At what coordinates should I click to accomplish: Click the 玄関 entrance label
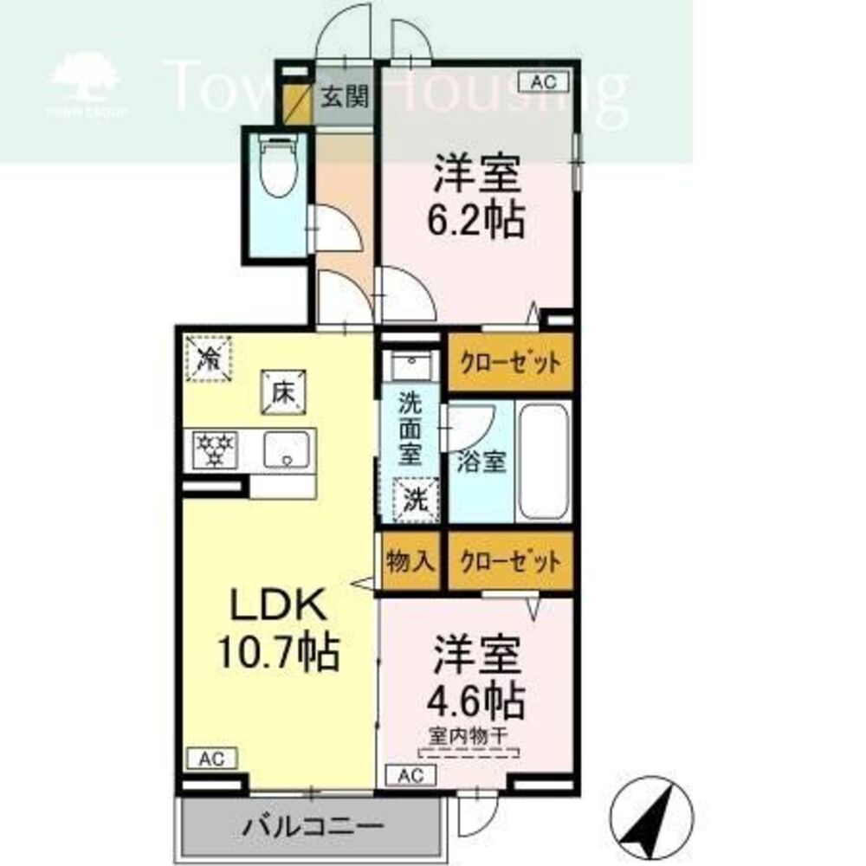(346, 97)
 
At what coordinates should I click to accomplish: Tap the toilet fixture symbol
(278, 165)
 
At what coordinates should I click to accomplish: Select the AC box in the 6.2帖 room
(544, 82)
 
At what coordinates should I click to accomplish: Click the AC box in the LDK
(212, 759)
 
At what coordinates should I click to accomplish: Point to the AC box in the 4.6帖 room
(410, 775)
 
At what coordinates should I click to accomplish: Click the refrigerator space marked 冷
(209, 359)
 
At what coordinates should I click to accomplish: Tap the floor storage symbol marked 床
(283, 392)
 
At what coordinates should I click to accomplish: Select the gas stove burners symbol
(215, 449)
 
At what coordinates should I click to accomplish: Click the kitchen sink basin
(286, 449)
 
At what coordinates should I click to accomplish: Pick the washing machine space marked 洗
(416, 500)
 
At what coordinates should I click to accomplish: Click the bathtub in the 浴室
(544, 462)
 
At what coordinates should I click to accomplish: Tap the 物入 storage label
(410, 562)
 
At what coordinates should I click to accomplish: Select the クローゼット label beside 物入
(510, 562)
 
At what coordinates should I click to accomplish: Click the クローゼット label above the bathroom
(510, 363)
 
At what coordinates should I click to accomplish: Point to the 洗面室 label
(410, 430)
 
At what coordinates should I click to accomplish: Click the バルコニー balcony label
(313, 827)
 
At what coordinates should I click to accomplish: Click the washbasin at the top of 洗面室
(411, 365)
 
